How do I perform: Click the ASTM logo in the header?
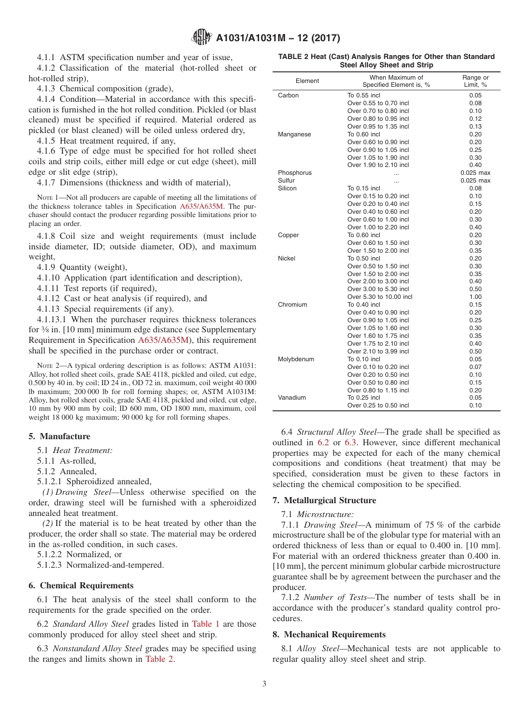[x=201, y=37]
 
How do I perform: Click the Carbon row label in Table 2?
[x=288, y=95]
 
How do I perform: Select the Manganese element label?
[x=294, y=134]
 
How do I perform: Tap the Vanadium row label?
[x=291, y=397]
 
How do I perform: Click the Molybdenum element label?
[x=296, y=359]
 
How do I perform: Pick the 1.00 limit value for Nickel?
[x=475, y=297]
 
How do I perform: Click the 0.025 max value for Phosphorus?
[x=475, y=173]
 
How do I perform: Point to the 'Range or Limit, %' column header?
[x=475, y=81]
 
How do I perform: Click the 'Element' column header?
[x=307, y=81]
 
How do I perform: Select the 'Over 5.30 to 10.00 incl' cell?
[x=380, y=297]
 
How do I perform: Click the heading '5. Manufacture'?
[x=59, y=436]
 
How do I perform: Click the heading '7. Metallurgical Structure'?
[x=324, y=500]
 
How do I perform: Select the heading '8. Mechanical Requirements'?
[x=329, y=635]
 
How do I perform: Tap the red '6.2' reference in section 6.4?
[x=323, y=442]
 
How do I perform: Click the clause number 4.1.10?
[x=48, y=278]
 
